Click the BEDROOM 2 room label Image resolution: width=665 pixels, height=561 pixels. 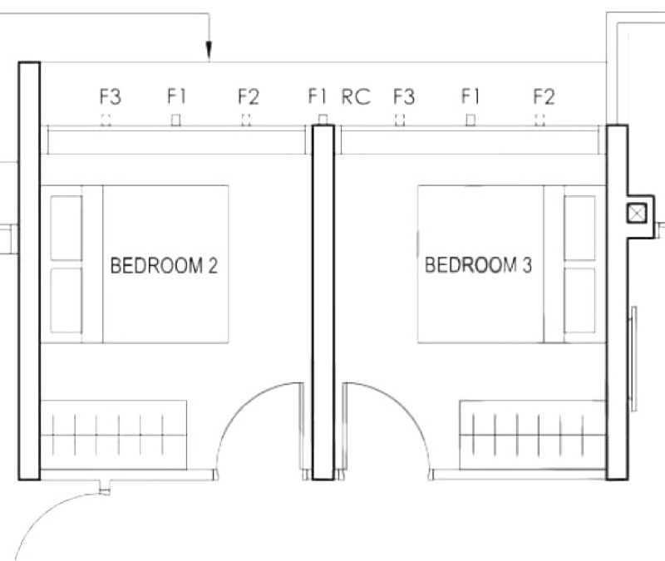[164, 266]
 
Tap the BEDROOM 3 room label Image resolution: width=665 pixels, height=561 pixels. [478, 264]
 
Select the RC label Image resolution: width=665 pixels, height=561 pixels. [356, 96]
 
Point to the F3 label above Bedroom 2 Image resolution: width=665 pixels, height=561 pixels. [111, 96]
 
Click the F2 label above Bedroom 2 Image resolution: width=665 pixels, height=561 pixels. [248, 96]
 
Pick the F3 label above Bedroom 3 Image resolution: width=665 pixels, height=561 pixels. [404, 96]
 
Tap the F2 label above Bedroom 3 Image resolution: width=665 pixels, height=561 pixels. [544, 96]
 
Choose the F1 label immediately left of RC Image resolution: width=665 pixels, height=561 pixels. [318, 96]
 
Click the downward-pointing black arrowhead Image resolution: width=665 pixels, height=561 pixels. [209, 50]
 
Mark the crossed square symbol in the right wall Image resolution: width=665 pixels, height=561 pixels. [637, 213]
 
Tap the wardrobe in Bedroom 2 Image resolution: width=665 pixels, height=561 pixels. [113, 435]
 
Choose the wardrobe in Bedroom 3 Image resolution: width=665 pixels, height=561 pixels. [533, 435]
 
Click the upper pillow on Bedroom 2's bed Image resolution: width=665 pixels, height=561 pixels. [66, 228]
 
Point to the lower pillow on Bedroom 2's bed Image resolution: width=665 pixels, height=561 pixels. [66, 300]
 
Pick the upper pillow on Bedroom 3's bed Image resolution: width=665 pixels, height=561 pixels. [579, 228]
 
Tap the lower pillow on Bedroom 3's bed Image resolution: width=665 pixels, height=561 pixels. [579, 300]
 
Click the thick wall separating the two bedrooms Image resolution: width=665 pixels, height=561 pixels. [323, 302]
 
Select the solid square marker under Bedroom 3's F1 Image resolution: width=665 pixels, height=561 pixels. [470, 120]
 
